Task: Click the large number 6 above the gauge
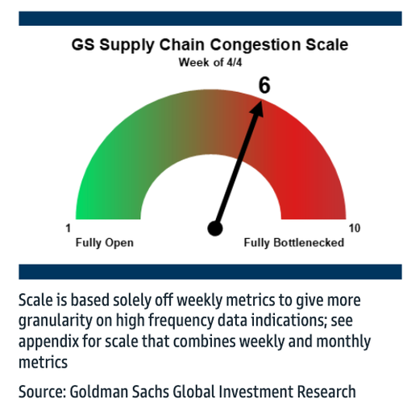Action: tap(264, 86)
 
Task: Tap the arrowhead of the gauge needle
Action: tap(257, 109)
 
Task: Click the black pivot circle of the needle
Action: tap(215, 229)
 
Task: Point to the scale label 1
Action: tap(69, 229)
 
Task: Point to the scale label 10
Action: tap(355, 229)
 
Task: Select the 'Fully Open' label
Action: tap(105, 243)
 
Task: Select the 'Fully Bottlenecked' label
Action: tap(294, 243)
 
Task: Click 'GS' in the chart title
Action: tap(83, 44)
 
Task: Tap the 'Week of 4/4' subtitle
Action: tap(210, 62)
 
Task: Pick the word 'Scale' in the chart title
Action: tap(326, 44)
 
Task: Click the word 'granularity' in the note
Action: tap(55, 321)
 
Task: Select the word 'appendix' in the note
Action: tap(48, 342)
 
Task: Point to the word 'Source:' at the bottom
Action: tap(43, 392)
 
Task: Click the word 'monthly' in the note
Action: tap(343, 342)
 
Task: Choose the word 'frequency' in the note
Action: tap(181, 321)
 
